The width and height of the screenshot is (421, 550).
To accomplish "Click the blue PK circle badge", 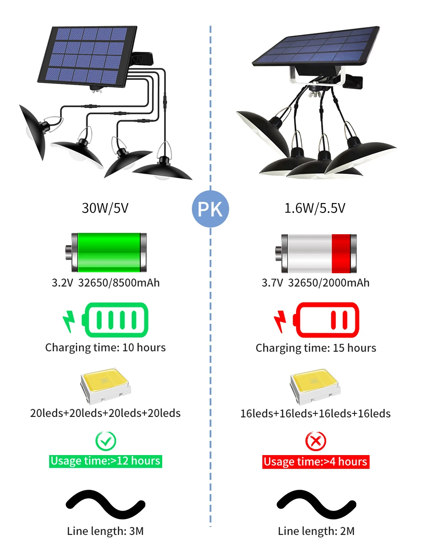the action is point(210,209).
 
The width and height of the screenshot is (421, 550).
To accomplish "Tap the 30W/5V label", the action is point(105,208).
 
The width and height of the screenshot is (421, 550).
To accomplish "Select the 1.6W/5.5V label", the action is point(315,208).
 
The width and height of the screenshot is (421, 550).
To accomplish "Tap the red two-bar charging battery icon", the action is point(326,319).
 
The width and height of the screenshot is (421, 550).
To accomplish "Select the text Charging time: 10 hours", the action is point(105,347).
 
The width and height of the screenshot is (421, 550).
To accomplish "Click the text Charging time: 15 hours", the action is point(316,348).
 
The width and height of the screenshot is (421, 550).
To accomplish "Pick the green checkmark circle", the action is point(105,440).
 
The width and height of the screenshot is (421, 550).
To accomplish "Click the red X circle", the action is point(316,441).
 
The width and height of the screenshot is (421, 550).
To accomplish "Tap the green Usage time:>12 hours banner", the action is point(105,461).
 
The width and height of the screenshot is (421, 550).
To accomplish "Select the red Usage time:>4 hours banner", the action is point(315,462).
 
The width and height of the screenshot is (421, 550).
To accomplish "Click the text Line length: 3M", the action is point(105,530).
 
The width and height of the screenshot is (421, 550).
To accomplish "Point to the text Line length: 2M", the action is point(316,531).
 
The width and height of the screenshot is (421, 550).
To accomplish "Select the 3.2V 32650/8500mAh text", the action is point(105,283).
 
